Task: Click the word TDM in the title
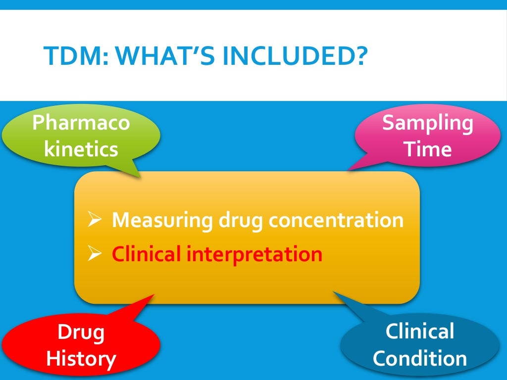pyautogui.click(x=69, y=56)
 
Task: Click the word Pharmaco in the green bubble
pyautogui.click(x=81, y=122)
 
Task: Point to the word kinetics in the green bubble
pyautogui.click(x=81, y=148)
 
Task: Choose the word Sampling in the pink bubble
pyautogui.click(x=428, y=123)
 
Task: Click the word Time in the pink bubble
pyautogui.click(x=428, y=148)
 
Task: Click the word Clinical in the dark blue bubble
pyautogui.click(x=420, y=332)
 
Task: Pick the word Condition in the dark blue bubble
pyautogui.click(x=420, y=358)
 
